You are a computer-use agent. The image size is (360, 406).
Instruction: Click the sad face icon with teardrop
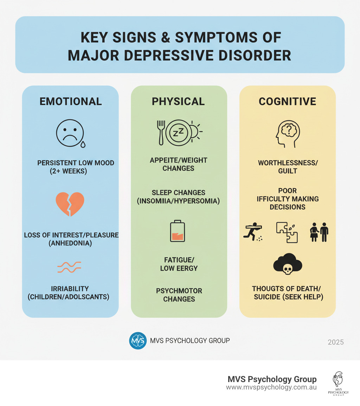pyautogui.click(x=70, y=134)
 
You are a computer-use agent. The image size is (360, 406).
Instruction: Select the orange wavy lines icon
pyautogui.click(x=69, y=267)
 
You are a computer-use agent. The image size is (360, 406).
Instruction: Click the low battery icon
pyautogui.click(x=178, y=231)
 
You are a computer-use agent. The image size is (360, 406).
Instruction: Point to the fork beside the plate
pyautogui.click(x=161, y=132)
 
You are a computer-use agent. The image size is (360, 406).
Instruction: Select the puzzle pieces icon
pyautogui.click(x=287, y=232)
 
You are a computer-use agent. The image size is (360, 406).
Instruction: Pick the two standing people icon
pyautogui.click(x=319, y=232)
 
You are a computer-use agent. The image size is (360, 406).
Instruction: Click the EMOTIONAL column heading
pyautogui.click(x=71, y=102)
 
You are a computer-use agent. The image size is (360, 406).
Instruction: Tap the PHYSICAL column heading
pyautogui.click(x=178, y=102)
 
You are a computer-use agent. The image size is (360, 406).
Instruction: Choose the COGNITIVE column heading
pyautogui.click(x=288, y=102)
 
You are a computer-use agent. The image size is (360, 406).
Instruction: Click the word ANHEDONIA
pyautogui.click(x=70, y=243)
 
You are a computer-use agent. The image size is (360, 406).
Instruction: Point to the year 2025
pyautogui.click(x=335, y=342)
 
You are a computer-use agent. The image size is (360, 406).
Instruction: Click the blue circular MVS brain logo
pyautogui.click(x=138, y=341)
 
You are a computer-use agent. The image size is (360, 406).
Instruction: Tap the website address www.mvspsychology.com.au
pyautogui.click(x=271, y=387)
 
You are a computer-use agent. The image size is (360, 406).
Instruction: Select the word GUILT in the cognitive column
pyautogui.click(x=288, y=171)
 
